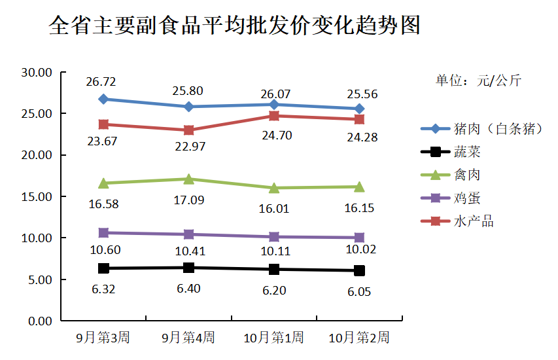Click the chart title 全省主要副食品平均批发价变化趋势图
[x=234, y=27]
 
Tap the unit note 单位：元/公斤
[x=478, y=81]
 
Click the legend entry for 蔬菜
[x=467, y=152]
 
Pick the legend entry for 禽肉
[x=467, y=175]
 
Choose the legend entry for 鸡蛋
[x=467, y=198]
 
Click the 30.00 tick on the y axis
[x=36, y=72]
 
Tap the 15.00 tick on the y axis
[x=36, y=196]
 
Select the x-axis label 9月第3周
[x=103, y=338]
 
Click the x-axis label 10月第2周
[x=358, y=338]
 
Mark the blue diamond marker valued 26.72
[x=103, y=99]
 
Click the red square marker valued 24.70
[x=274, y=116]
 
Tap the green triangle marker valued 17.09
[x=189, y=179]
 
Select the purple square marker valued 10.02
[x=359, y=238]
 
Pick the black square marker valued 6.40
[x=189, y=268]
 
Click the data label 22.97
[x=190, y=146]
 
